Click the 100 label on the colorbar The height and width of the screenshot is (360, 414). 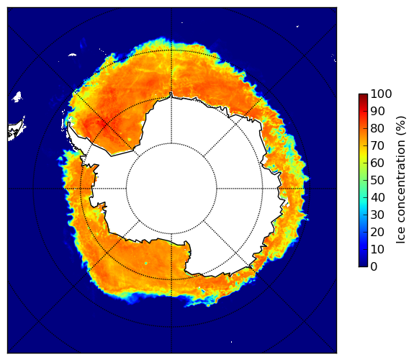pyautogui.click(x=381, y=94)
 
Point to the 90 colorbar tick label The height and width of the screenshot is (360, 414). pyautogui.click(x=377, y=111)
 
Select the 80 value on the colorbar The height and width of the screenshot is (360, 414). pyautogui.click(x=377, y=128)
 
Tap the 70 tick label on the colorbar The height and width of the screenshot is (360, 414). pyautogui.click(x=377, y=145)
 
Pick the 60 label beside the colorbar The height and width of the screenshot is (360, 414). pyautogui.click(x=377, y=163)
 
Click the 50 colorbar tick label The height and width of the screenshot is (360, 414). pyautogui.click(x=377, y=181)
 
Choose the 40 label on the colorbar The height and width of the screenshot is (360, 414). pyautogui.click(x=377, y=197)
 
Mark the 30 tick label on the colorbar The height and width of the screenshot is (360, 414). pyautogui.click(x=377, y=215)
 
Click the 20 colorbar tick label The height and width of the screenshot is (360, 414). pyautogui.click(x=377, y=232)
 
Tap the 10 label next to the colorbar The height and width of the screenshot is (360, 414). pyautogui.click(x=377, y=249)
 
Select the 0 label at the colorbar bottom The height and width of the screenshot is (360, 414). pyautogui.click(x=374, y=267)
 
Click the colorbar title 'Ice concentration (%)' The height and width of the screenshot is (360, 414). pyautogui.click(x=401, y=180)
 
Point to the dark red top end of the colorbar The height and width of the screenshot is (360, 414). pyautogui.click(x=363, y=95)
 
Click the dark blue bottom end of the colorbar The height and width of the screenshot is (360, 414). pyautogui.click(x=363, y=265)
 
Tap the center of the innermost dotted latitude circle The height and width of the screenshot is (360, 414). pyautogui.click(x=171, y=189)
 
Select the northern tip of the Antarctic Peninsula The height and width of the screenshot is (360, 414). pyautogui.click(x=69, y=123)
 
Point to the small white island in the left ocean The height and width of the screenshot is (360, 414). pyautogui.click(x=17, y=96)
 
